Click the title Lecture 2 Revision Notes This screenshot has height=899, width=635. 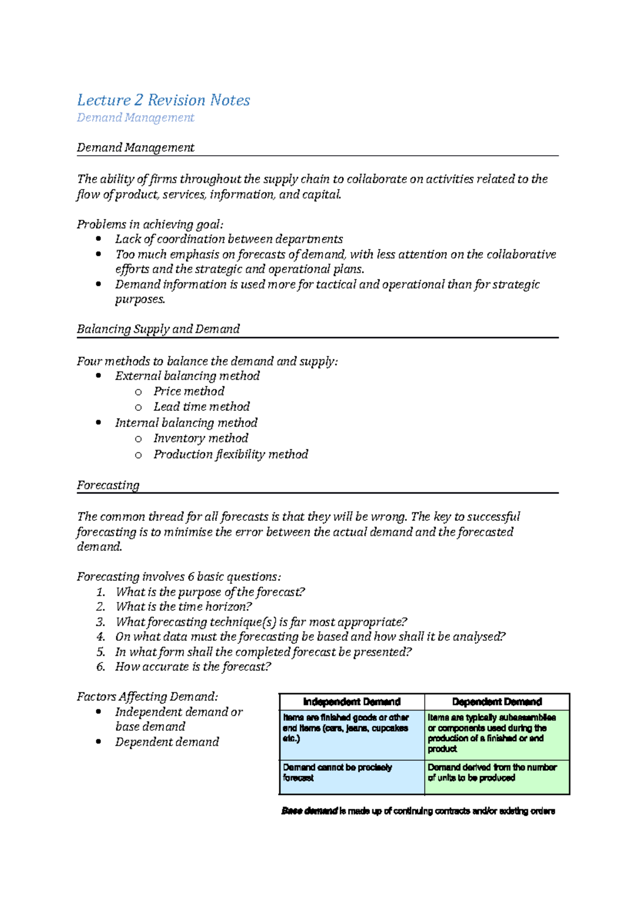(163, 100)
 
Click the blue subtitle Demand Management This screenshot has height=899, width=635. (135, 118)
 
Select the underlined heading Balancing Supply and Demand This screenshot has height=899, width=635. (158, 329)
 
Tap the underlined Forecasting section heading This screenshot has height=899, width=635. (108, 485)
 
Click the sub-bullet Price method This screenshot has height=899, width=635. (189, 391)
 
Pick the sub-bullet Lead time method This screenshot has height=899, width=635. (202, 407)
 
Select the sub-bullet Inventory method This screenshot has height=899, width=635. (201, 438)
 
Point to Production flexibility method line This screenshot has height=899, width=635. (231, 454)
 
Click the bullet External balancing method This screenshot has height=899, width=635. (187, 376)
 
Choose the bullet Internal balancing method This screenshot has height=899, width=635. (186, 423)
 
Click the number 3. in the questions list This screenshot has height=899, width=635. (101, 622)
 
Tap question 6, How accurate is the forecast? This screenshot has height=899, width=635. (193, 667)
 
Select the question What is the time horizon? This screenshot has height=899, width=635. (184, 607)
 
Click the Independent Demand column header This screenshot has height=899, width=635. (352, 702)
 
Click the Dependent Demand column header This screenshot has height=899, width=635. (497, 702)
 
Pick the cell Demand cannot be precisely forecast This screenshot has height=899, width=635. (338, 772)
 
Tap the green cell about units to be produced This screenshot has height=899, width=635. (492, 772)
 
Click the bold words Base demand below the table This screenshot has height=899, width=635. (310, 811)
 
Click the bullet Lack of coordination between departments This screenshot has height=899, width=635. (229, 239)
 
